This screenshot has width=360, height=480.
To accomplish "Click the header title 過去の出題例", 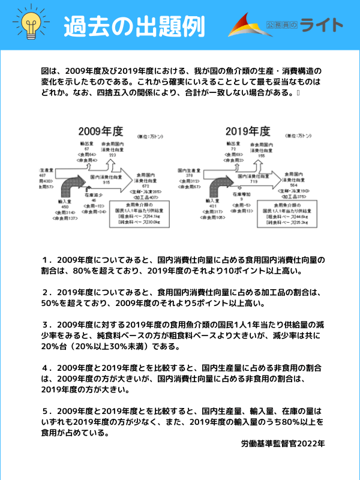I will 134,26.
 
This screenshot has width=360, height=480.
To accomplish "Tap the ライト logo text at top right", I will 322,25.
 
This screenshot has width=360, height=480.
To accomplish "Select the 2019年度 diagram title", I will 248,130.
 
